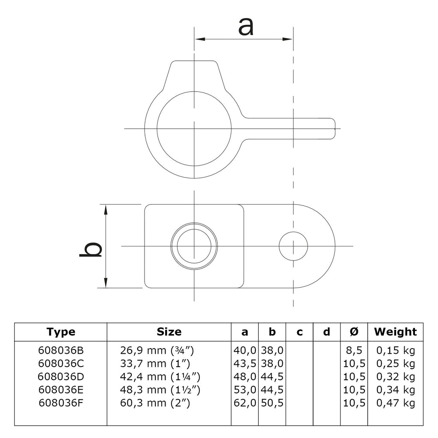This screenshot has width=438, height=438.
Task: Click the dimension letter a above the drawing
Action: [x=246, y=27]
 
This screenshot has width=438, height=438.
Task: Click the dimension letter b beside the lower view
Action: [x=91, y=246]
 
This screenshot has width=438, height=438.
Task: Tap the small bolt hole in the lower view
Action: [x=293, y=246]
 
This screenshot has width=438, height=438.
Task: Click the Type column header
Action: [x=61, y=332]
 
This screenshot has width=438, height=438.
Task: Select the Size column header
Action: [x=169, y=332]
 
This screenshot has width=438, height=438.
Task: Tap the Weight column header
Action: [x=395, y=332]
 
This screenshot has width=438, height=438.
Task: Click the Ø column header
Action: [x=354, y=332]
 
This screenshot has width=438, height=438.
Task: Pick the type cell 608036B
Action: [x=61, y=350]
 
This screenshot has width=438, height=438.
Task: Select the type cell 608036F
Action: [x=61, y=403]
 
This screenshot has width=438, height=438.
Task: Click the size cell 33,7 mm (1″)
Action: [x=155, y=364]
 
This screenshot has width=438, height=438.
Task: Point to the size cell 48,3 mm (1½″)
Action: [x=160, y=390]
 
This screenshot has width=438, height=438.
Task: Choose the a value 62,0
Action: [x=245, y=403]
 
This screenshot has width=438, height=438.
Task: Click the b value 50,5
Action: [x=272, y=403]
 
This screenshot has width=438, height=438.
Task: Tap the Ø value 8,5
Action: [x=354, y=350]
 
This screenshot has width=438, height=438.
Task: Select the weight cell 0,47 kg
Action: [x=396, y=403]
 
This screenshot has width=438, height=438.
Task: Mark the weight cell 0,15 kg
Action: [x=396, y=350]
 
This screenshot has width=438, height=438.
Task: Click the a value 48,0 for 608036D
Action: [x=245, y=377]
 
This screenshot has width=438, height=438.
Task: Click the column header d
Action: [x=326, y=332]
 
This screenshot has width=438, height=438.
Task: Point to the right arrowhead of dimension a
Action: [x=288, y=39]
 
